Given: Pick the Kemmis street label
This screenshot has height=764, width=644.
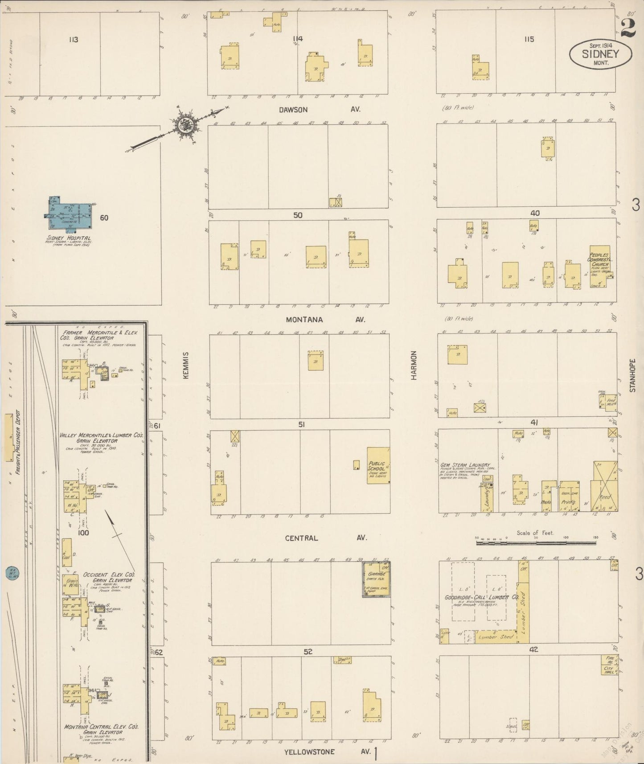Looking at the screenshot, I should (186, 366).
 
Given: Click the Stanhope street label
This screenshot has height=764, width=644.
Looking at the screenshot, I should (632, 376).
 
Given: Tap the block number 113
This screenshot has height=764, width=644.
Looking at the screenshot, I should (74, 40).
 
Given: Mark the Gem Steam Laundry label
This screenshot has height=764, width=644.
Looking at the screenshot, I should (465, 465).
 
